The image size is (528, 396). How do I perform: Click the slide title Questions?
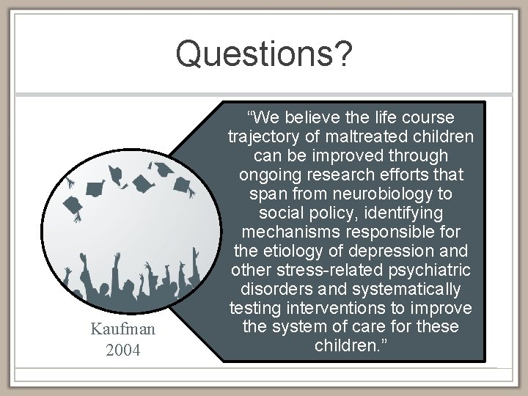(264, 54)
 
